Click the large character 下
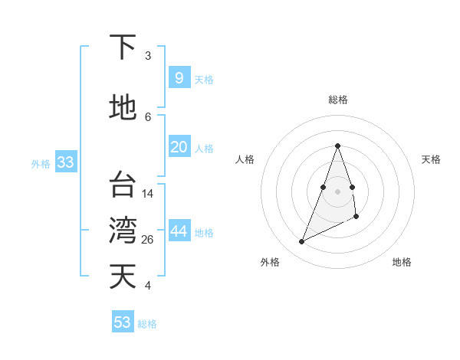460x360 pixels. pos(123,47)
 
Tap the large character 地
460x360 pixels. pos(123,108)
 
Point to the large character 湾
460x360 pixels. pos(123,230)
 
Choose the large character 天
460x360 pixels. pos(123,277)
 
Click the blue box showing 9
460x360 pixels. pos(179,77)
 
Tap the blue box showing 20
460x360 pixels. pos(179,147)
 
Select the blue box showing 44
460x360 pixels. pos(179,232)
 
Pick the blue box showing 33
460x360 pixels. pos(65,162)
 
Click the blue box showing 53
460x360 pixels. pos(123,322)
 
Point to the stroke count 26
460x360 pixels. pos(148,240)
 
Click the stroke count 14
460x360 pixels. pos(148,194)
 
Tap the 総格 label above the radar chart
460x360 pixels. pos(337,100)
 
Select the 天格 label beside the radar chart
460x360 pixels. pos(431,159)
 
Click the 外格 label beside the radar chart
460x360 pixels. pos(270,262)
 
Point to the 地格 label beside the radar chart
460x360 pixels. pos(402,262)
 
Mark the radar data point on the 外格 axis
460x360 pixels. pos(301,242)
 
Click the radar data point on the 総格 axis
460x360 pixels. pos(337,146)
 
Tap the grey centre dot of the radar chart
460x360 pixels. pos(337,191)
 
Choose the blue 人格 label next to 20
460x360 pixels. pos(204,149)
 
